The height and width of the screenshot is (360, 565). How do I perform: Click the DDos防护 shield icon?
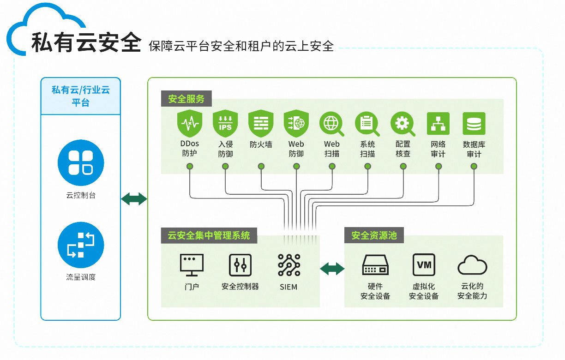click(x=190, y=124)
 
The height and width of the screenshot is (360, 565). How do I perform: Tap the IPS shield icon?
click(x=225, y=124)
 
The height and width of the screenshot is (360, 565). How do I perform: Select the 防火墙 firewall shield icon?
click(x=261, y=124)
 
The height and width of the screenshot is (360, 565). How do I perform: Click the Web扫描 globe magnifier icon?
click(x=331, y=124)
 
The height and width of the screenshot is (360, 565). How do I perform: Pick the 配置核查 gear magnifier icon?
click(x=403, y=124)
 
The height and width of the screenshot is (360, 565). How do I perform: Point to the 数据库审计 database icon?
click(x=474, y=124)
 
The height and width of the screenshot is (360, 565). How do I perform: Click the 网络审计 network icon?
click(x=438, y=124)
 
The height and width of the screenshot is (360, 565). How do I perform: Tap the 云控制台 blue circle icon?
click(x=81, y=163)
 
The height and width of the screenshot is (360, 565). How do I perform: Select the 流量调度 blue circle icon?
click(x=81, y=245)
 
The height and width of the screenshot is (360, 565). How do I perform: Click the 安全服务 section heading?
click(x=186, y=99)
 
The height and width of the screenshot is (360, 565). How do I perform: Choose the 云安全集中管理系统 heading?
click(x=209, y=235)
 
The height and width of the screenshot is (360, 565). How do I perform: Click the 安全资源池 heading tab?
click(x=374, y=235)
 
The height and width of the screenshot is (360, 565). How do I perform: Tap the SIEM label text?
click(x=289, y=287)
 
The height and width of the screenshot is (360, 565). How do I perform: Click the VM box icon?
click(x=424, y=265)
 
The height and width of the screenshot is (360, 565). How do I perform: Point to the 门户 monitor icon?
click(x=192, y=265)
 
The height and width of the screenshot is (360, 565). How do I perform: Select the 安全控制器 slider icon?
click(x=240, y=265)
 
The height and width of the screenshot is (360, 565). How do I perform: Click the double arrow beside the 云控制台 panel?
click(x=134, y=199)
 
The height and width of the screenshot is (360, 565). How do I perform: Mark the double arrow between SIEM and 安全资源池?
click(x=332, y=268)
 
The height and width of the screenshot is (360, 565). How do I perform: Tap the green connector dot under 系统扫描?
click(x=367, y=166)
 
